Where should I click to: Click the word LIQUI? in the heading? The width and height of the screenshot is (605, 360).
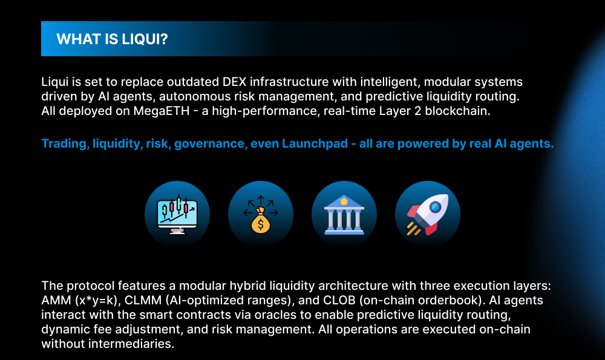coord(145,39)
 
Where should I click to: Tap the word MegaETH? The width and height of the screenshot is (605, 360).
coord(162,111)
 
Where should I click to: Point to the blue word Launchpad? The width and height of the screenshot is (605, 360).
coord(315,143)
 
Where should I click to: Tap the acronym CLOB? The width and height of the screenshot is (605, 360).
coord(337,300)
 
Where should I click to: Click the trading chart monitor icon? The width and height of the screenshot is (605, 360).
coord(177,215)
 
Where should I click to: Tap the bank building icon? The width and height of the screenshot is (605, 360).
coord(344,215)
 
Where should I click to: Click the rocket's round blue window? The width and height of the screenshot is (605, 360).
coord(436,207)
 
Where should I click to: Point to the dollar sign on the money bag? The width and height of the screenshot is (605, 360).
coord(260,224)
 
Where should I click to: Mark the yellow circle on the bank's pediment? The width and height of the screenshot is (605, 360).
coord(344,201)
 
